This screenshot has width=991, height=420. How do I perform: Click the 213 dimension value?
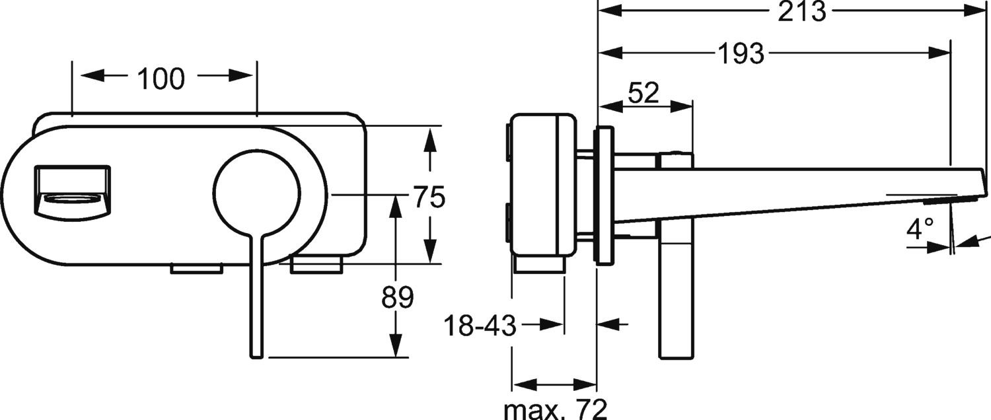[801, 11]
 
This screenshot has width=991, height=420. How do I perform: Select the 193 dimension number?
[740, 53]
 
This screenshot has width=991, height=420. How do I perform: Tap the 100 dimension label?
[161, 79]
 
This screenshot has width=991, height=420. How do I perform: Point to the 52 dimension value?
[643, 93]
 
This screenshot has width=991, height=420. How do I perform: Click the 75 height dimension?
[429, 197]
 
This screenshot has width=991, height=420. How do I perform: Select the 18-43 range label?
[480, 326]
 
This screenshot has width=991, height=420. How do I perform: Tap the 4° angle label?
[920, 229]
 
